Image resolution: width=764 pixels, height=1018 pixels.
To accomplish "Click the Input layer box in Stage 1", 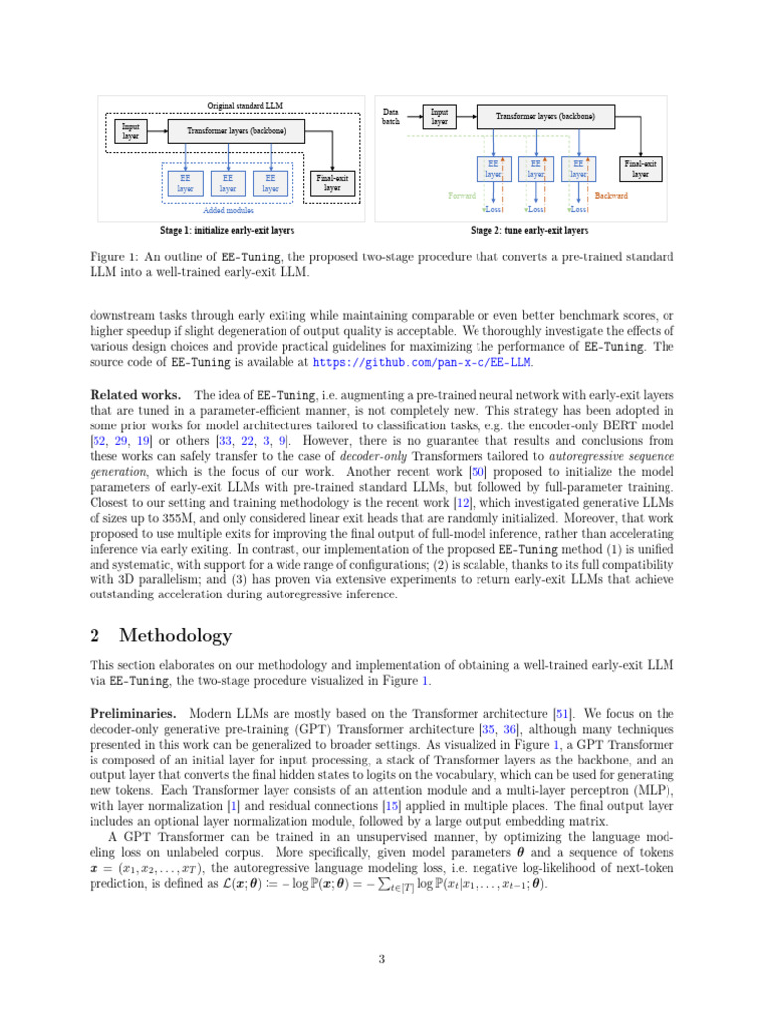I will pos(130,132).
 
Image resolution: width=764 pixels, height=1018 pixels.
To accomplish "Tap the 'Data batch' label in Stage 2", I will pos(391,116).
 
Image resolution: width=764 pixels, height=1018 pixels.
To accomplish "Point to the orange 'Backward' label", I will pos(611,196).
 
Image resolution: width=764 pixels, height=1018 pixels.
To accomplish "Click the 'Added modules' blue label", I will pos(228,211).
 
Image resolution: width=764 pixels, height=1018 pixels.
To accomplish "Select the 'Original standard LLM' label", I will pos(244,105).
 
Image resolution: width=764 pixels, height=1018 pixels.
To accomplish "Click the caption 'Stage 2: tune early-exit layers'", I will pos(528,231).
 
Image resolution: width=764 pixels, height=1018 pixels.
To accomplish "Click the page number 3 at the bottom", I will pos(382,959).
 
